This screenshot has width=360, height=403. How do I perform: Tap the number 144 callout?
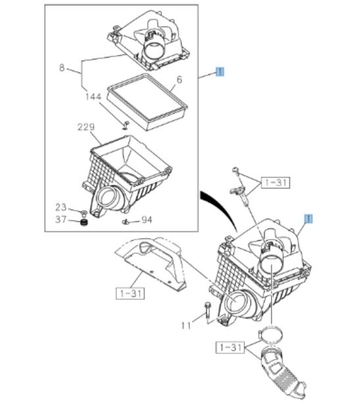point(93,96)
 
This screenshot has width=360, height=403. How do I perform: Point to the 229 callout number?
point(86,127)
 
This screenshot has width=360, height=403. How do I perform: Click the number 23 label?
point(61,207)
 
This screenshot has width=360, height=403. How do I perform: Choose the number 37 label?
point(61,219)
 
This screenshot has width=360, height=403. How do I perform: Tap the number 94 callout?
point(146,221)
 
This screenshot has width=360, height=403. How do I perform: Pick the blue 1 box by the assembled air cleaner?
point(307,218)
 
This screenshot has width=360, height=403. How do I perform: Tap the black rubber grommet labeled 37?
point(83,225)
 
